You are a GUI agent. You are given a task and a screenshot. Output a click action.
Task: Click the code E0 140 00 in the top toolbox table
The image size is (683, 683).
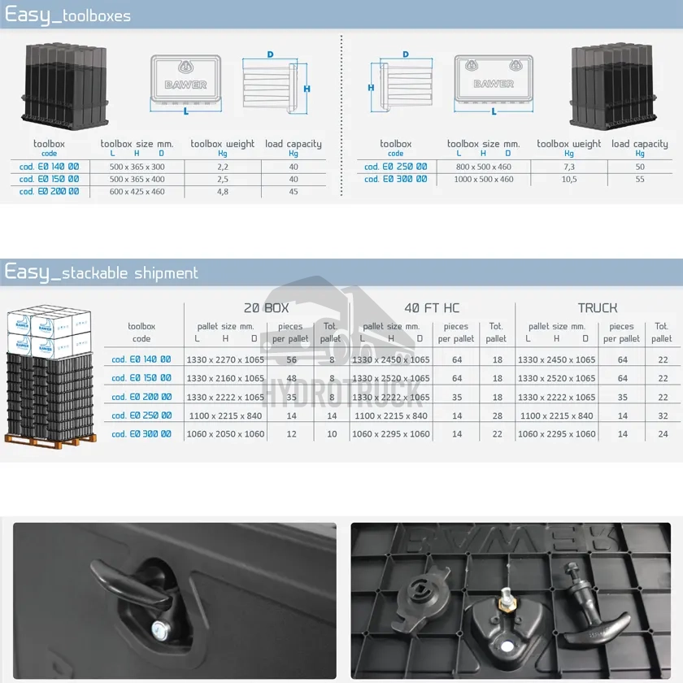point(50,167)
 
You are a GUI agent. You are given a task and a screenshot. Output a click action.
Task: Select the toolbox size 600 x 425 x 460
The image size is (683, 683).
point(137,192)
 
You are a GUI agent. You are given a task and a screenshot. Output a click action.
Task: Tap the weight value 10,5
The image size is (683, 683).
point(569,179)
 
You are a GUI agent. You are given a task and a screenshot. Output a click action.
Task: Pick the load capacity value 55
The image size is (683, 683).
point(639,179)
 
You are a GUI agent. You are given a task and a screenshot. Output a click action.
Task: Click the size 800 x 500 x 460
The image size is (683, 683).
point(483,167)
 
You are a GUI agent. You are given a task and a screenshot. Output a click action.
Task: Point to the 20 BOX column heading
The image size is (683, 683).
point(266,308)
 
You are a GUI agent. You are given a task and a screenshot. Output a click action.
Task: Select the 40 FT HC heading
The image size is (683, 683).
point(432,308)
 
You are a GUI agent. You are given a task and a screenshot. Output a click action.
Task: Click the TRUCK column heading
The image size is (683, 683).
point(598,308)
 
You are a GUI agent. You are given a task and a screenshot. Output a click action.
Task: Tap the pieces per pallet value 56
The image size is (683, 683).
point(291,359)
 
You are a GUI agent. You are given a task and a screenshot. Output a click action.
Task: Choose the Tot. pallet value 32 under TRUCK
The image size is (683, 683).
point(662,415)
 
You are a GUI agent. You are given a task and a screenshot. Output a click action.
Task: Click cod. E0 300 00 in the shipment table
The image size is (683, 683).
point(141,434)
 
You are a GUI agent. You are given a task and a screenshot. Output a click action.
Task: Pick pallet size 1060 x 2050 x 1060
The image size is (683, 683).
point(225,434)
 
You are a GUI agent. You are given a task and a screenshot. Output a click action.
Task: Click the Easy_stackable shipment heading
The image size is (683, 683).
point(102,272)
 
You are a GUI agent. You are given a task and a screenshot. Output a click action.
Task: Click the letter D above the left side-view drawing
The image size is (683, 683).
point(270,54)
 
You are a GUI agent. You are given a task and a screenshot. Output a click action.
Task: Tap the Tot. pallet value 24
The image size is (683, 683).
point(662,434)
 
